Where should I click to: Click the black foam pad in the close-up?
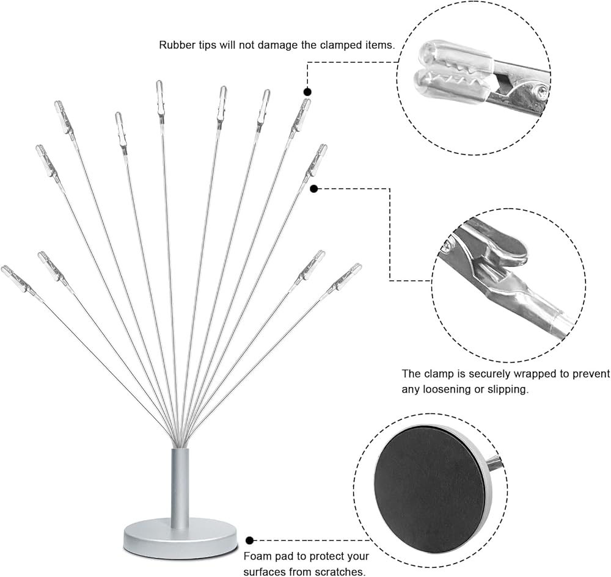(429, 487)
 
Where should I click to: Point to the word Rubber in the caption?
(177, 45)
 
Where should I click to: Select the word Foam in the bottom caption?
(258, 556)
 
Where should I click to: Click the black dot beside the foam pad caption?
(250, 540)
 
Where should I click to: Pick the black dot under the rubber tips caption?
(307, 92)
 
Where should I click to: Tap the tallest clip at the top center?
(159, 98)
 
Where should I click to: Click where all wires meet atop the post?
(180, 444)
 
